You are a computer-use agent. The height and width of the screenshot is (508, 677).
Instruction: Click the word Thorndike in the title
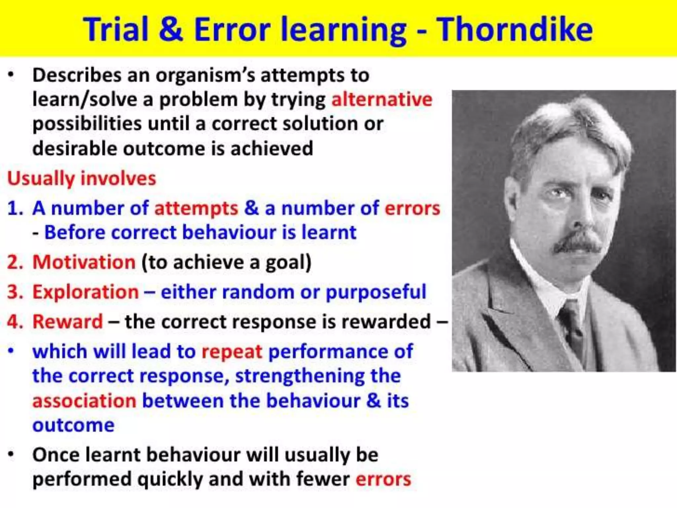click(x=515, y=30)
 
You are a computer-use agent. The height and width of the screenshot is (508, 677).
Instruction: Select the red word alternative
click(x=382, y=99)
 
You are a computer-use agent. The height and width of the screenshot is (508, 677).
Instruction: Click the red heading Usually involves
click(x=81, y=179)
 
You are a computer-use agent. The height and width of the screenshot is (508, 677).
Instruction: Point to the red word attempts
click(x=196, y=209)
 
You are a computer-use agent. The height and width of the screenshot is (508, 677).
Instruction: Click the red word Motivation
click(x=84, y=262)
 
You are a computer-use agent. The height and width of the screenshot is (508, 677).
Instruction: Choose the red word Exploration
click(x=86, y=292)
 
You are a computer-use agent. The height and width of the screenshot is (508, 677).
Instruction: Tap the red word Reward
click(x=68, y=321)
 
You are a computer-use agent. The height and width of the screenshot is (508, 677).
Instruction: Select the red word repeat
click(x=232, y=352)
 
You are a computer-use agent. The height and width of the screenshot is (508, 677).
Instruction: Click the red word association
click(x=84, y=401)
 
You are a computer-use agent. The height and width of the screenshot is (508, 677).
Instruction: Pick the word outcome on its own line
click(x=73, y=425)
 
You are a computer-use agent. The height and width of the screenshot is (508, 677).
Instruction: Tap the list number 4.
click(x=14, y=321)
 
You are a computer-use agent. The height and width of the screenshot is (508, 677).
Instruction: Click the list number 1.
click(x=15, y=209)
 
